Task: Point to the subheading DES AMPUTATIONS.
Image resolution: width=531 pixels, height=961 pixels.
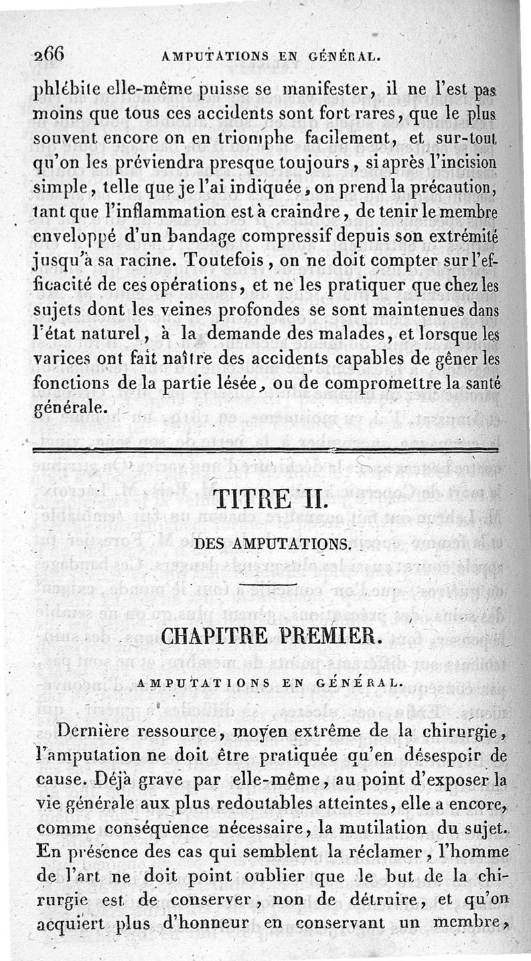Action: [x=271, y=545]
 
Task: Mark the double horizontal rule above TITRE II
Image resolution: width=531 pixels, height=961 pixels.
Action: [x=265, y=451]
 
